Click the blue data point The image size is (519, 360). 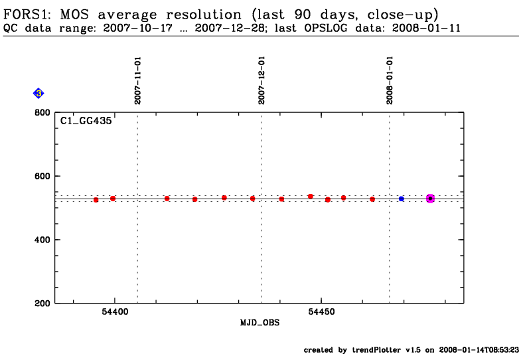click(x=402, y=199)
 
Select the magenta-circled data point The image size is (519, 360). click(x=430, y=199)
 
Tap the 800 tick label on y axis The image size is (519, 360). click(x=44, y=113)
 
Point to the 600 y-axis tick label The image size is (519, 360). click(x=44, y=176)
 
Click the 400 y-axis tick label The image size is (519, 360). click(x=44, y=240)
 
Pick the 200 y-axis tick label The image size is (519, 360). click(x=44, y=304)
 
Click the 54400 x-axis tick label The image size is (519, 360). click(x=115, y=312)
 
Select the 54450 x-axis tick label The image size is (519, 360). click(x=322, y=312)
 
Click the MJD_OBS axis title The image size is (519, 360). click(x=259, y=323)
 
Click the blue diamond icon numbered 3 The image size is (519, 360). click(x=38, y=94)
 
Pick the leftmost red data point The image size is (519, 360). click(x=96, y=200)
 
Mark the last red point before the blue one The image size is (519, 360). click(x=372, y=199)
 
